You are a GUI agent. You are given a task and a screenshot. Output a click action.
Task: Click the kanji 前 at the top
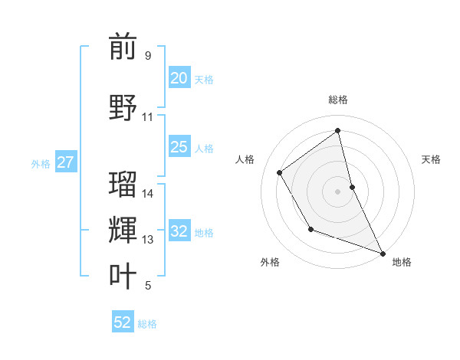[123, 47]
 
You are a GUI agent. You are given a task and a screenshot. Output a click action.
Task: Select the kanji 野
[123, 106]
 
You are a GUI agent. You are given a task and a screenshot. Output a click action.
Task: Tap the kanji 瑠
[123, 185]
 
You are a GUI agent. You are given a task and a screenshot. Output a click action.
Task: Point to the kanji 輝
[123, 230]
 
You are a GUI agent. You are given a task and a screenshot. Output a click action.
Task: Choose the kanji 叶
[123, 276]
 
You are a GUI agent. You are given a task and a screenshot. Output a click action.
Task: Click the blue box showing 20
[179, 78]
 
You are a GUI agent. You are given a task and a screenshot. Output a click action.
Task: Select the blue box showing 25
[179, 147]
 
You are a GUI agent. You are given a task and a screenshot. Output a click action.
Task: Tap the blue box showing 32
[179, 231]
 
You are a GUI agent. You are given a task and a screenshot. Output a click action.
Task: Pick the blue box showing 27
[65, 162]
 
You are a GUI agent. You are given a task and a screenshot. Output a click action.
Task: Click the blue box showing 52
[123, 322]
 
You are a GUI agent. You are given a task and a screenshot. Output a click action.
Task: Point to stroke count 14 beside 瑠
[148, 194]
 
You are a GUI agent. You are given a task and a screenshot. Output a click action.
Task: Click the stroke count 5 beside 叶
[148, 286]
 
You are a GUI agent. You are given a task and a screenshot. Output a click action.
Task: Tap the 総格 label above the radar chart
[337, 100]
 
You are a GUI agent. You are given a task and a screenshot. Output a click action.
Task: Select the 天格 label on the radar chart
[431, 159]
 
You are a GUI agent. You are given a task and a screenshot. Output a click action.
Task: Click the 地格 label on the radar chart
[402, 262]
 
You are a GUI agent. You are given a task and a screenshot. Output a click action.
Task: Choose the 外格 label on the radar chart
[270, 262]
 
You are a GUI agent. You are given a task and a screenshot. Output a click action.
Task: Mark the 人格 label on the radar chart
[245, 159]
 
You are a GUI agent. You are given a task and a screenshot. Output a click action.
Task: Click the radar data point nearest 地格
[383, 254]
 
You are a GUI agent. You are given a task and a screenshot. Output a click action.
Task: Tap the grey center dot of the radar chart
[337, 191]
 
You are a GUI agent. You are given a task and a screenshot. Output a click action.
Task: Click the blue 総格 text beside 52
[147, 324]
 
